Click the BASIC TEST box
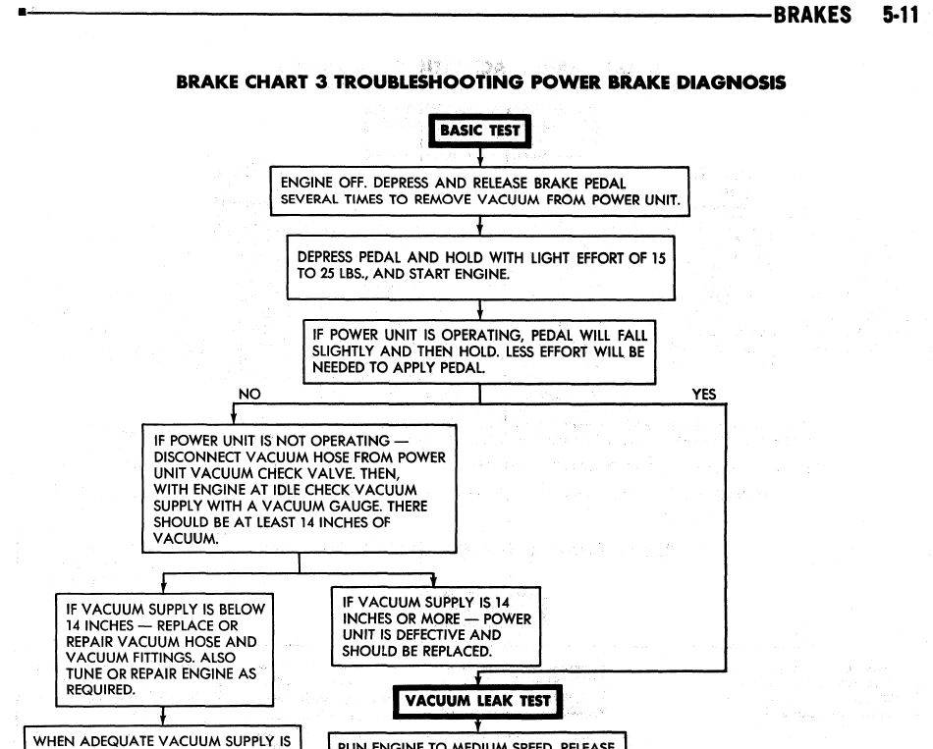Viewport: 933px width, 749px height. [x=479, y=131]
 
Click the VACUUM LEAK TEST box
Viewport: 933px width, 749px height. [x=478, y=701]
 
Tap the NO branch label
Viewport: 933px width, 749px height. [x=249, y=395]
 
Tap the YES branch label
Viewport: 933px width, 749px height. [x=704, y=395]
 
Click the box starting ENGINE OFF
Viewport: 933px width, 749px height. [x=479, y=191]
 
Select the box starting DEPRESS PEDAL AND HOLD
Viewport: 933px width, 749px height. [x=480, y=266]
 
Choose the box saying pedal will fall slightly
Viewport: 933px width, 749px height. [x=479, y=351]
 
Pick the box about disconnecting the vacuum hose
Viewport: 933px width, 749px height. [x=300, y=488]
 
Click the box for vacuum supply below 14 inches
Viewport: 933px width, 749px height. [x=163, y=649]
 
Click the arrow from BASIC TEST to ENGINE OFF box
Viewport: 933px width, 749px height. [x=479, y=157]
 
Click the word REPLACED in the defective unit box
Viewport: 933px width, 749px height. [x=461, y=651]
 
